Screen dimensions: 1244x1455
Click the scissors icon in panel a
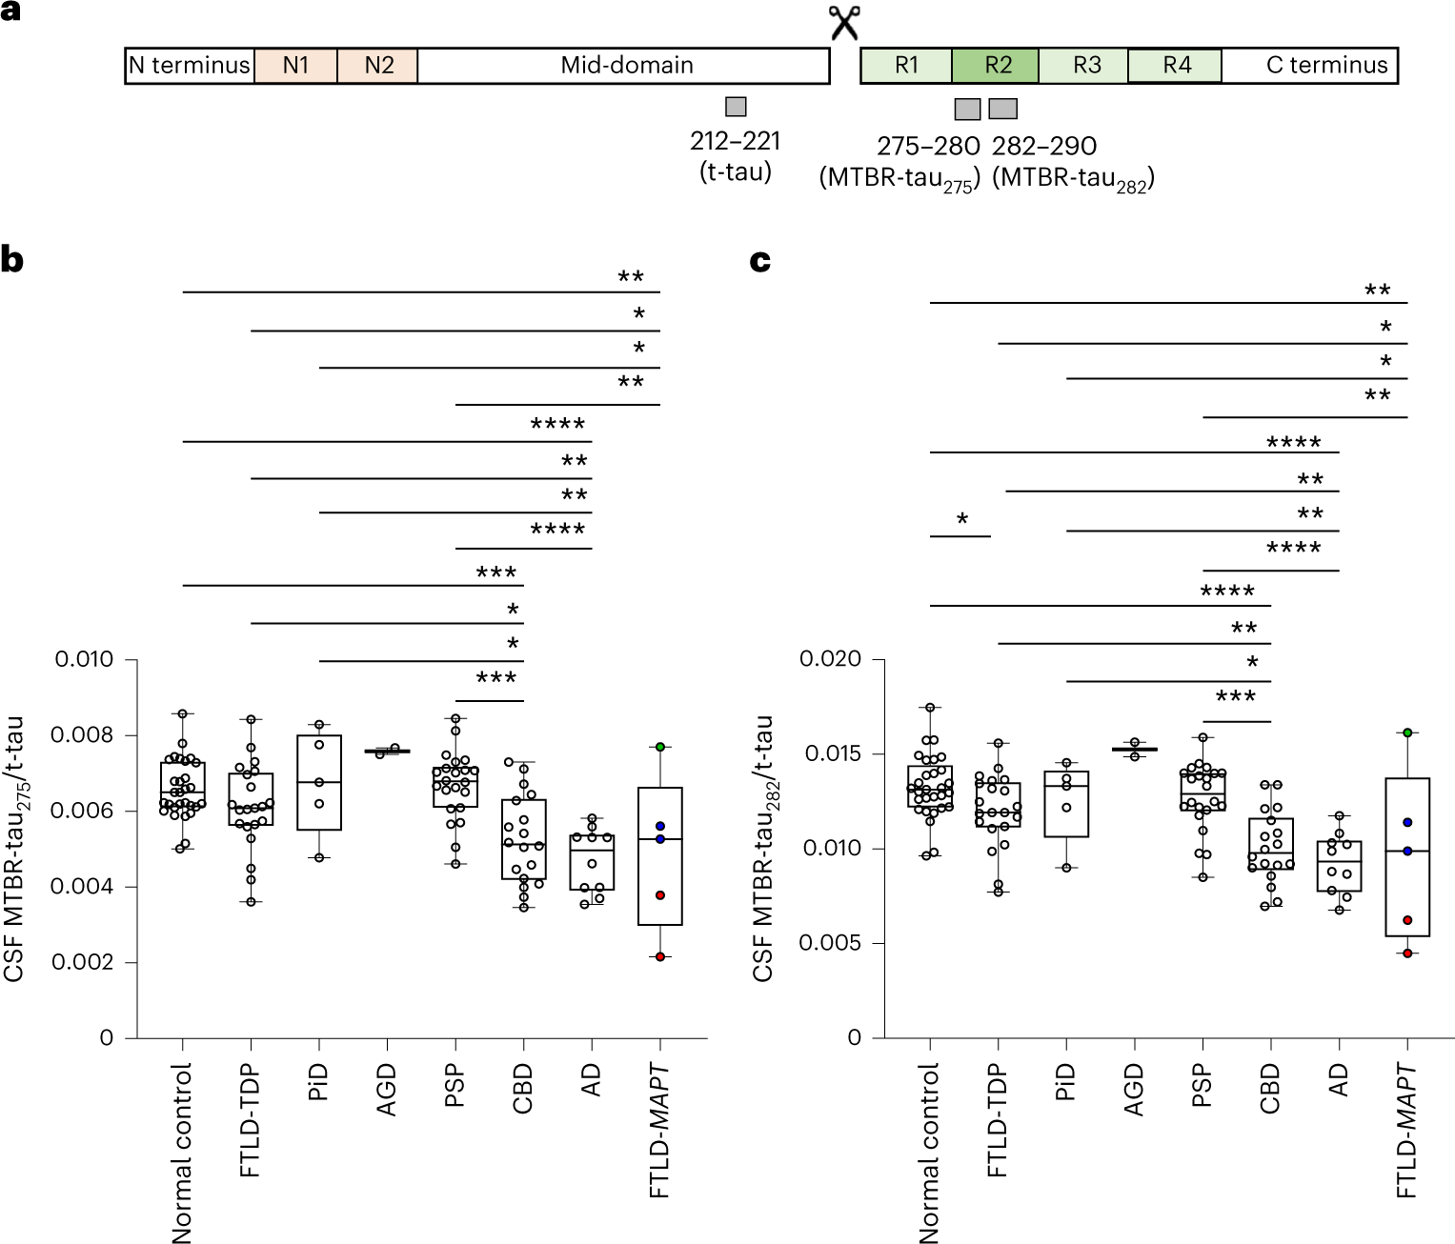844,22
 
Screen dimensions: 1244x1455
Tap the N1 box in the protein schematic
295,66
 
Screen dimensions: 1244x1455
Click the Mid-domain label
626,66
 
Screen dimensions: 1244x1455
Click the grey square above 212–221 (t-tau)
736,107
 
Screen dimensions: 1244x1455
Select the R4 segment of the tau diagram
1176,66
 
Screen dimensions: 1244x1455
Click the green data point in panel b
659,747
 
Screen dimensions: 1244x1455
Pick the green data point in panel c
1407,732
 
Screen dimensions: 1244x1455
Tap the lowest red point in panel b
659,956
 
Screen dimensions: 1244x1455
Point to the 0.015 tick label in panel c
833,753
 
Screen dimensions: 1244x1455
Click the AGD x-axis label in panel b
387,1091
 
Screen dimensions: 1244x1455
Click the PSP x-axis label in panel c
1202,1086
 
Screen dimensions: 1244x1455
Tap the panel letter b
12,260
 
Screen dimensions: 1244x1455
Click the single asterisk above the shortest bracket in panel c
962,520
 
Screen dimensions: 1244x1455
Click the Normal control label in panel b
182,1154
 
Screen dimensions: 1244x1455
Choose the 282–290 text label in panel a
1044,146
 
